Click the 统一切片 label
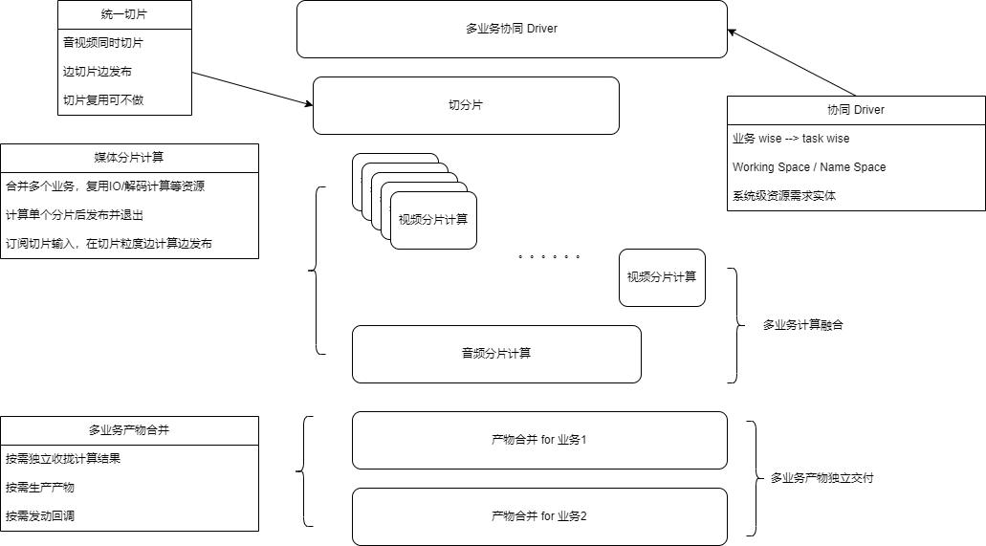pyautogui.click(x=124, y=14)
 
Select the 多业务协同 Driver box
pyautogui.click(x=512, y=29)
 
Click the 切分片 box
pyautogui.click(x=466, y=105)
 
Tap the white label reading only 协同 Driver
pyautogui.click(x=856, y=110)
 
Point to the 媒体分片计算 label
pyautogui.click(x=129, y=158)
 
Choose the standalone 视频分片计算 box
pyautogui.click(x=662, y=277)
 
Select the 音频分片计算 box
pyautogui.click(x=496, y=354)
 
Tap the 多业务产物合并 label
pyautogui.click(x=129, y=430)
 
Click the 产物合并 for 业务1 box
pyautogui.click(x=539, y=440)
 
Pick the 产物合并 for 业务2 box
pyautogui.click(x=539, y=516)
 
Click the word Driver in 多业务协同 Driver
pyautogui.click(x=541, y=29)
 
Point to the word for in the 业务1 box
pyautogui.click(x=548, y=440)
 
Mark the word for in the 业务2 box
pyautogui.click(x=548, y=516)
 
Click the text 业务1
pyautogui.click(x=573, y=440)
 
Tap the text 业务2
pyautogui.click(x=573, y=516)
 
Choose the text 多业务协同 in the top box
pyautogui.click(x=494, y=29)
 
